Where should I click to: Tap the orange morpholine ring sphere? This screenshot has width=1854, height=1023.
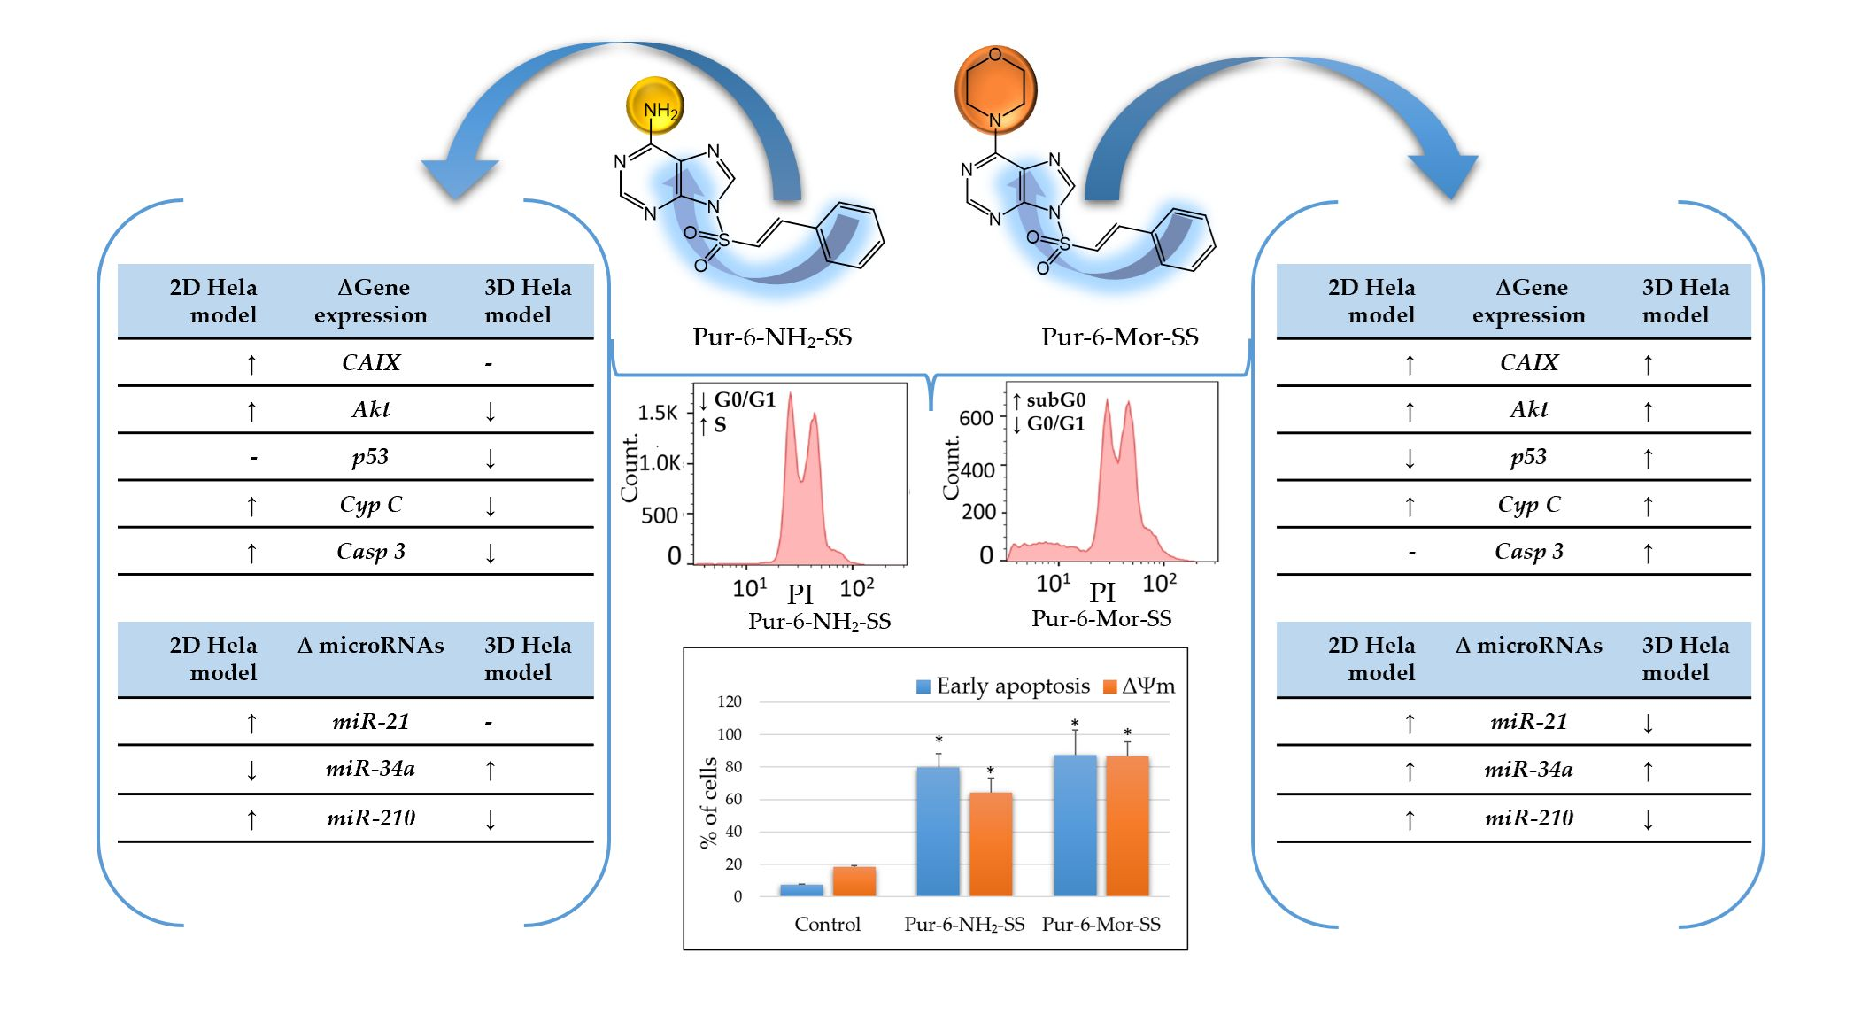click(995, 89)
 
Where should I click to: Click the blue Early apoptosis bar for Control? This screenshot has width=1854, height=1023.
click(801, 889)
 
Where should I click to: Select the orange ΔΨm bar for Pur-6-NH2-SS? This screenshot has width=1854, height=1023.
click(991, 843)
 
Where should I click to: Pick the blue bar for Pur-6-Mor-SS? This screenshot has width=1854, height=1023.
click(1075, 825)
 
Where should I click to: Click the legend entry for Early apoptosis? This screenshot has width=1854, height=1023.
click(1002, 686)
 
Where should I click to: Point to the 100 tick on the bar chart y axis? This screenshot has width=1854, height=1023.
click(730, 734)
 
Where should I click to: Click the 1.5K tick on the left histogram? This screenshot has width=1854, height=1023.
click(658, 413)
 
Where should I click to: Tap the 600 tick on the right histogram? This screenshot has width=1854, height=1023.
click(976, 418)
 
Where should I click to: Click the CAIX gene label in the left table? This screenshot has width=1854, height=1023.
click(371, 362)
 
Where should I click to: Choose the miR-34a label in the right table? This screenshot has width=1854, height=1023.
click(1528, 769)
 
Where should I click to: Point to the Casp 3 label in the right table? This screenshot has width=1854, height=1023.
click(1528, 551)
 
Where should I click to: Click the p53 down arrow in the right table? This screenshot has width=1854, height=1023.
click(1410, 458)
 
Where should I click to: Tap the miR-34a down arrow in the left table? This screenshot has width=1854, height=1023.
click(251, 770)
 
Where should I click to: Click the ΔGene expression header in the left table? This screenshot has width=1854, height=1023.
click(371, 301)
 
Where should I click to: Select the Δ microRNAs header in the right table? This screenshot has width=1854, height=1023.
click(1528, 646)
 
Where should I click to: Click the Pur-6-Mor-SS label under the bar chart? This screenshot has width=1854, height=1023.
click(1101, 924)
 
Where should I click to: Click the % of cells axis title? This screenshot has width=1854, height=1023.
click(707, 802)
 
